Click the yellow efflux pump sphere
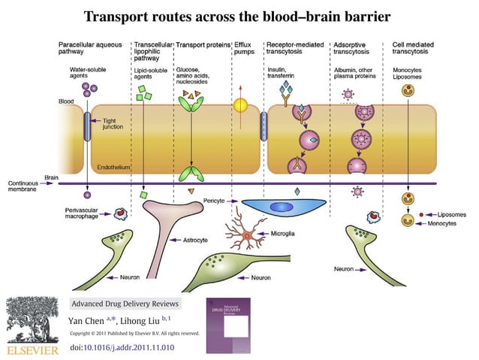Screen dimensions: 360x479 [241, 107]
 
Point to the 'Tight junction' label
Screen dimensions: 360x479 [113, 124]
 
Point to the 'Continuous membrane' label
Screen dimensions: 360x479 [25, 186]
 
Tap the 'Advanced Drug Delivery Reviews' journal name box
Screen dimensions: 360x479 [125, 304]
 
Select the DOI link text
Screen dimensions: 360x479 [122, 347]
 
